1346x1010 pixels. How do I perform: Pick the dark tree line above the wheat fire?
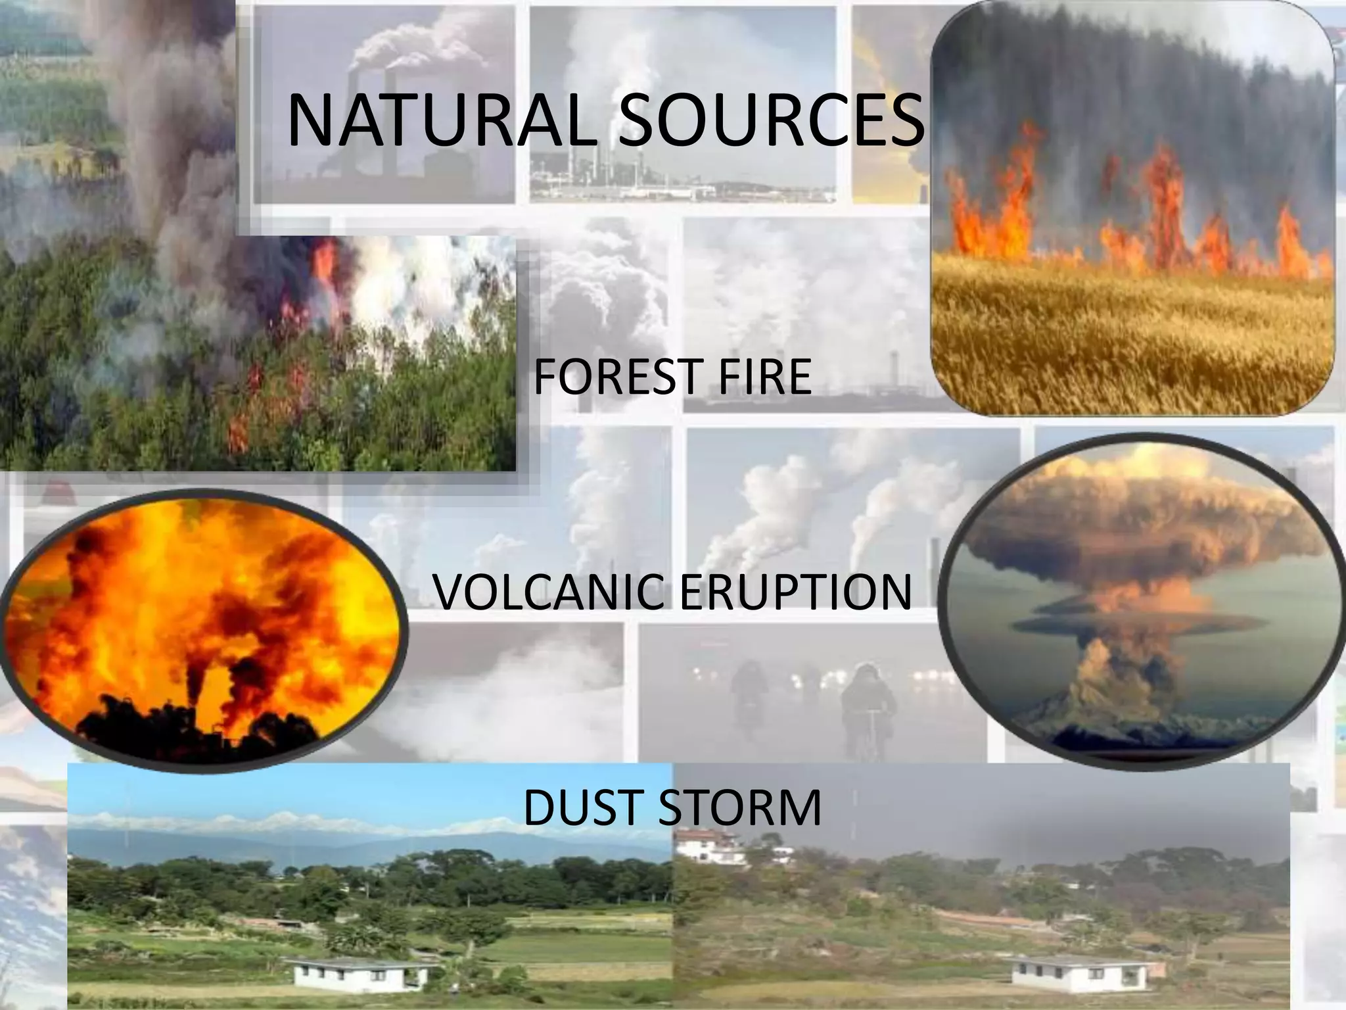(1130, 85)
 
